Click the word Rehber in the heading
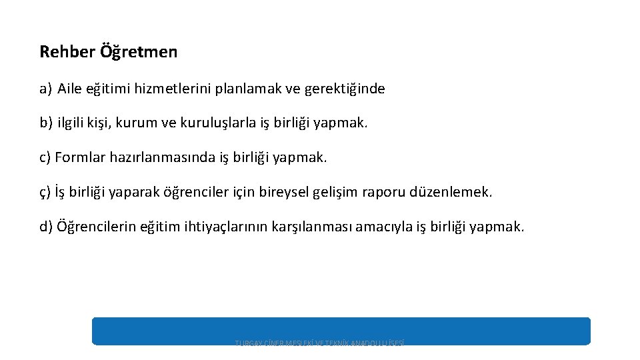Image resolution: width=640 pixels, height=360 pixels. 59,51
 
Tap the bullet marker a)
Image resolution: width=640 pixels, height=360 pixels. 45,89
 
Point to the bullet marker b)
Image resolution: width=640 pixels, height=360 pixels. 45,123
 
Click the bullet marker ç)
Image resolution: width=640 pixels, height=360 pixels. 45,193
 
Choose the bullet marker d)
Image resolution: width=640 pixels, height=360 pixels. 46,227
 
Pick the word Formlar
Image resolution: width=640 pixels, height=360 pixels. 79,158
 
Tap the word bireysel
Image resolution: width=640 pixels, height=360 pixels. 303,193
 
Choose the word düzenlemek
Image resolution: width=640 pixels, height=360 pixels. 453,193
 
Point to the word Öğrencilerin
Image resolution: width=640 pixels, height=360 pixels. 97,227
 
